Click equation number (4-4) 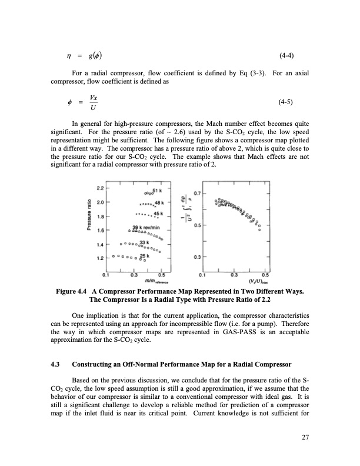[x=286, y=56]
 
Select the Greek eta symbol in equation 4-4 [x=69, y=57]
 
